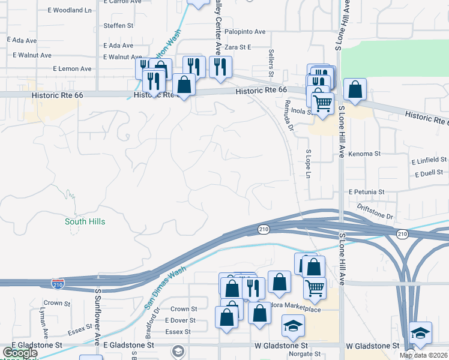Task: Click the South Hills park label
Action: click(x=85, y=221)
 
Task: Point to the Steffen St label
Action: click(x=118, y=26)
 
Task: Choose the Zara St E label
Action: click(x=237, y=46)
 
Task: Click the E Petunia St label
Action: click(x=366, y=192)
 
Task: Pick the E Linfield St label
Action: click(x=429, y=161)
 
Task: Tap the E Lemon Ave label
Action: click(x=72, y=69)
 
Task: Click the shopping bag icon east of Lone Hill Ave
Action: click(x=355, y=90)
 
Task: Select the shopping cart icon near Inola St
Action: click(x=323, y=104)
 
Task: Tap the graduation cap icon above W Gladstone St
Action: click(x=293, y=326)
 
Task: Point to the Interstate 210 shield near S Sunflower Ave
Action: click(x=58, y=282)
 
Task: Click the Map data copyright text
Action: click(x=424, y=355)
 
